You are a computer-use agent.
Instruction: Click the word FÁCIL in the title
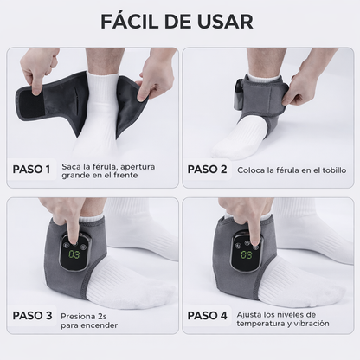pos(131,21)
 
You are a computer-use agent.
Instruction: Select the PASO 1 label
pos(32,169)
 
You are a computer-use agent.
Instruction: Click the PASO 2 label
pos(208,169)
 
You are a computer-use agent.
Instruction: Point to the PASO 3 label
pos(32,316)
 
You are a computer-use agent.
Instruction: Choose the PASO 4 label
pos(208,316)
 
